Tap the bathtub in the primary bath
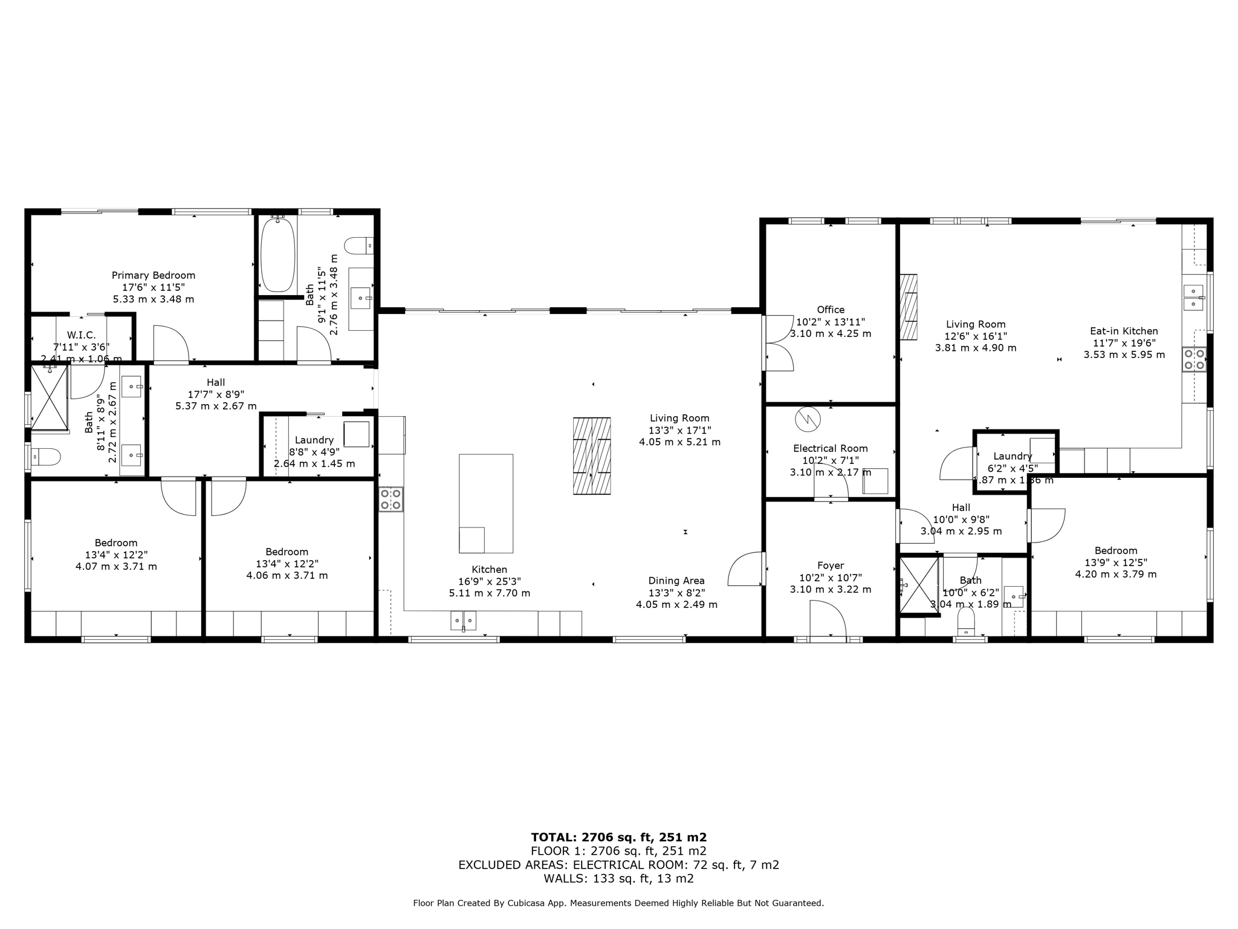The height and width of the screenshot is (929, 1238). click(277, 255)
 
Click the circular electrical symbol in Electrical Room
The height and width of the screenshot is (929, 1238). click(808, 419)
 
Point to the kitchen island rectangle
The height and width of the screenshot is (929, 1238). click(486, 503)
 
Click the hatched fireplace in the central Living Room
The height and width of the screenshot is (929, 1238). click(592, 456)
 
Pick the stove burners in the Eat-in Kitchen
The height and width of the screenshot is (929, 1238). click(1194, 359)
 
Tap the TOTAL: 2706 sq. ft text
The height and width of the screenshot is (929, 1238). click(618, 838)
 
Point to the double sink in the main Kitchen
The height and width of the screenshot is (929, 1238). click(463, 621)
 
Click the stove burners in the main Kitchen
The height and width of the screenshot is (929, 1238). click(391, 499)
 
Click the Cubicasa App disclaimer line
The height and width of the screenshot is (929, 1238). click(618, 904)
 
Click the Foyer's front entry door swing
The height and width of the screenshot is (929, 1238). click(828, 618)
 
